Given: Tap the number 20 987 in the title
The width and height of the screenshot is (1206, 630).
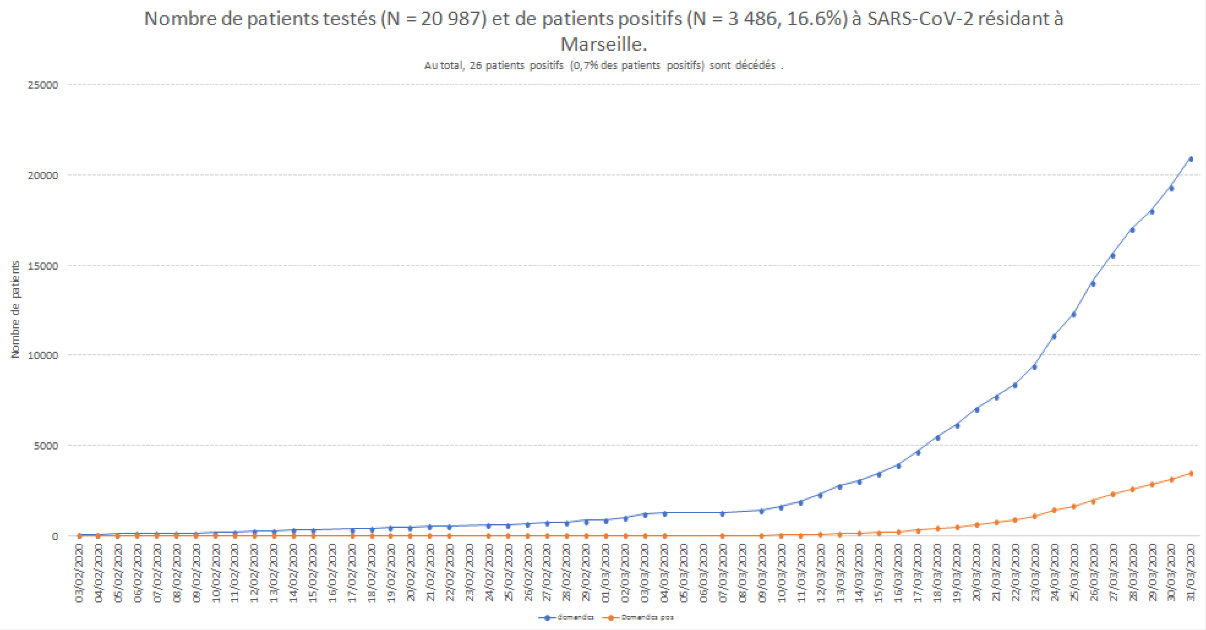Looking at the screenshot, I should pos(453,19).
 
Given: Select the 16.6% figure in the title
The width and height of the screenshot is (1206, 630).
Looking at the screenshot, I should pos(817,19).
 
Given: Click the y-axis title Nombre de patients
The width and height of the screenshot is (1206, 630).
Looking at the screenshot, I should pos(15,309).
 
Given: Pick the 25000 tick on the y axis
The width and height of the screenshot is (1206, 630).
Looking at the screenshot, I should pos(43,85).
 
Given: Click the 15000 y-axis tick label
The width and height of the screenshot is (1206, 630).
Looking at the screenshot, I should pos(43,266).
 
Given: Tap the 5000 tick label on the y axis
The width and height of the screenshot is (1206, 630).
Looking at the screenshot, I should pos(46,446).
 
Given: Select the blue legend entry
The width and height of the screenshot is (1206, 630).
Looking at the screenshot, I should pos(566,617).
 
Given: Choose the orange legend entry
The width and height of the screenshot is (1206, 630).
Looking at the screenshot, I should pos(639,617).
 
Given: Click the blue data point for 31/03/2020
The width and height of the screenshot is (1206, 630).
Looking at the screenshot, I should pos(1191,159).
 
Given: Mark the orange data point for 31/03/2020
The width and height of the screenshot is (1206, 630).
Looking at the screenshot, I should pos(1191,473).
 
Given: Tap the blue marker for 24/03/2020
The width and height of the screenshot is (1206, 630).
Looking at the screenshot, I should pos(1054,336).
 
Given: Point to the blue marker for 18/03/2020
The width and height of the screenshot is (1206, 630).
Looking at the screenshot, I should pos(937,438).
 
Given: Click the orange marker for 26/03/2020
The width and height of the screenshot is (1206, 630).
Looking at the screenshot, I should pos(1093,501).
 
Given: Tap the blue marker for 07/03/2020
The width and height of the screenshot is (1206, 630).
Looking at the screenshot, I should pos(722,513).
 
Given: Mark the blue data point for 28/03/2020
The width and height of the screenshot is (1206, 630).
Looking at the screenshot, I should pos(1132,230).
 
